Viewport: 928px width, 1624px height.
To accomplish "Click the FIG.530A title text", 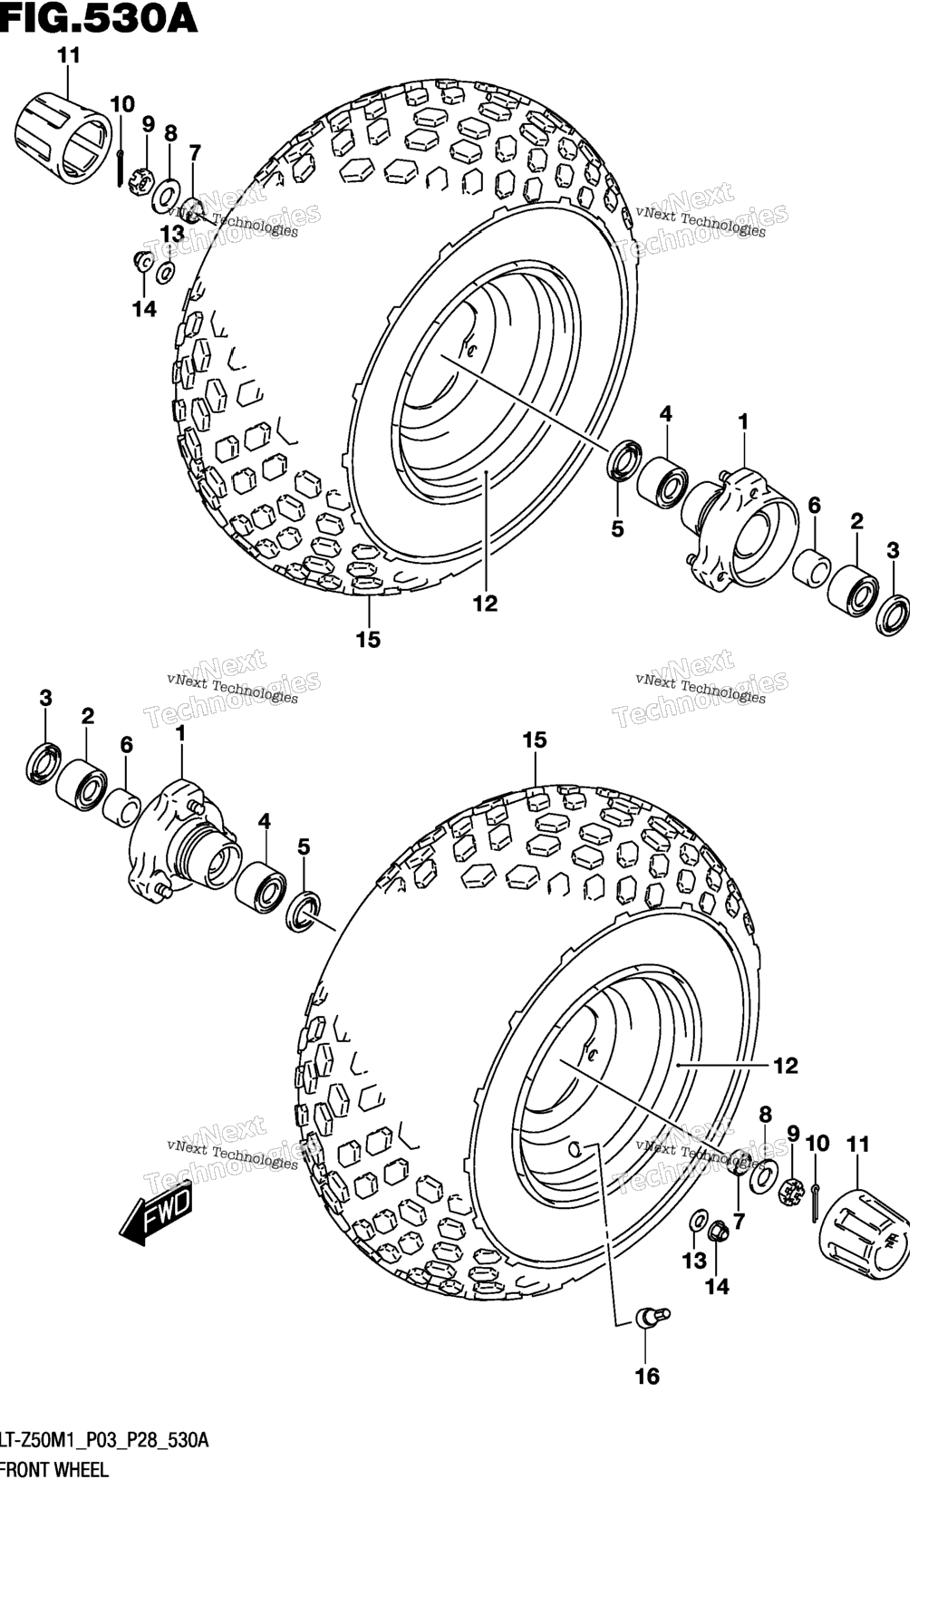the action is (99, 17).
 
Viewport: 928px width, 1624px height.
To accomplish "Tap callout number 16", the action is (647, 1376).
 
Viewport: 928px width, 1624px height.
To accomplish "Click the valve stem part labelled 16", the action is (652, 1317).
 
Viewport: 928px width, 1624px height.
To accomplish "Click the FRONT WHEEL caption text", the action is (54, 1470).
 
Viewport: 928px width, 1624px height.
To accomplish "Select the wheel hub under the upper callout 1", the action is (739, 529).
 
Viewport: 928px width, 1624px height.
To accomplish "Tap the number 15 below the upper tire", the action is (368, 640).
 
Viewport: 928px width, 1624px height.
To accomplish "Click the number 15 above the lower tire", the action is (535, 740).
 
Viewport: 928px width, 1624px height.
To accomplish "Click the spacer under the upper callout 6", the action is (811, 565).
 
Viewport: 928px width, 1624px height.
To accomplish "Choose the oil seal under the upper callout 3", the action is (894, 614).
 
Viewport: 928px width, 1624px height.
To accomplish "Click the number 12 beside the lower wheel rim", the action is (786, 1066).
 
